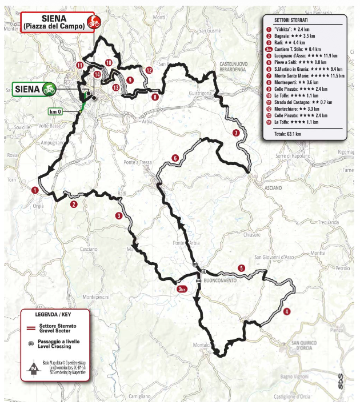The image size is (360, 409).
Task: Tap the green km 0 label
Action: click(x=55, y=111)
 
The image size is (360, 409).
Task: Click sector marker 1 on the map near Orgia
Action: click(x=35, y=191)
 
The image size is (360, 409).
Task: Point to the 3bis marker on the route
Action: click(x=183, y=290)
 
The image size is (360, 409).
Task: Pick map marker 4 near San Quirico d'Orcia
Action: click(x=286, y=312)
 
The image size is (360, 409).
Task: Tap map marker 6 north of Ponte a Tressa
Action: click(x=175, y=158)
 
